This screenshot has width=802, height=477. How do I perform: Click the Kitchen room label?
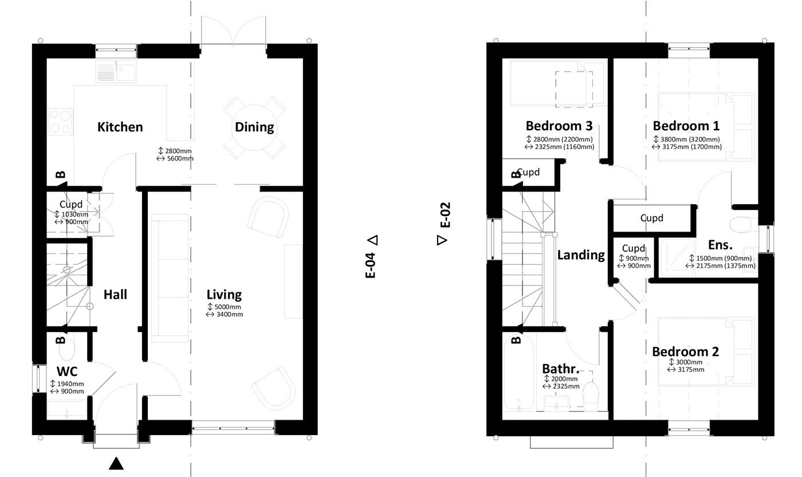(120, 127)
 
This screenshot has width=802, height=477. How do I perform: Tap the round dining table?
(254, 127)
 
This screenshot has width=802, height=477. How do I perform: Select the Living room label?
(224, 295)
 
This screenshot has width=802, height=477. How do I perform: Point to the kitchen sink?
(116, 73)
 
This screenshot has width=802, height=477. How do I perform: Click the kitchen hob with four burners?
(61, 122)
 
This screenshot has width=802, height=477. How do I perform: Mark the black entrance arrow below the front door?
(116, 463)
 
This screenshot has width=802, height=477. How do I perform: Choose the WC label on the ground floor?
(67, 372)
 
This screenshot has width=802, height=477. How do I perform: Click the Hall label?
(115, 295)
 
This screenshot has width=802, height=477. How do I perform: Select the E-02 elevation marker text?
(446, 215)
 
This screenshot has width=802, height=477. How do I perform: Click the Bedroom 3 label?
(559, 126)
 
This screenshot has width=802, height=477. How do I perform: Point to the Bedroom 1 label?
(686, 126)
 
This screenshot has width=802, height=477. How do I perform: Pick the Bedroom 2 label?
(685, 351)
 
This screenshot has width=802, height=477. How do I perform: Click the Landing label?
(581, 255)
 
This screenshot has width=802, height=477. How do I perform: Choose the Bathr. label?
(560, 367)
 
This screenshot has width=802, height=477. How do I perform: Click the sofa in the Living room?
(170, 279)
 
